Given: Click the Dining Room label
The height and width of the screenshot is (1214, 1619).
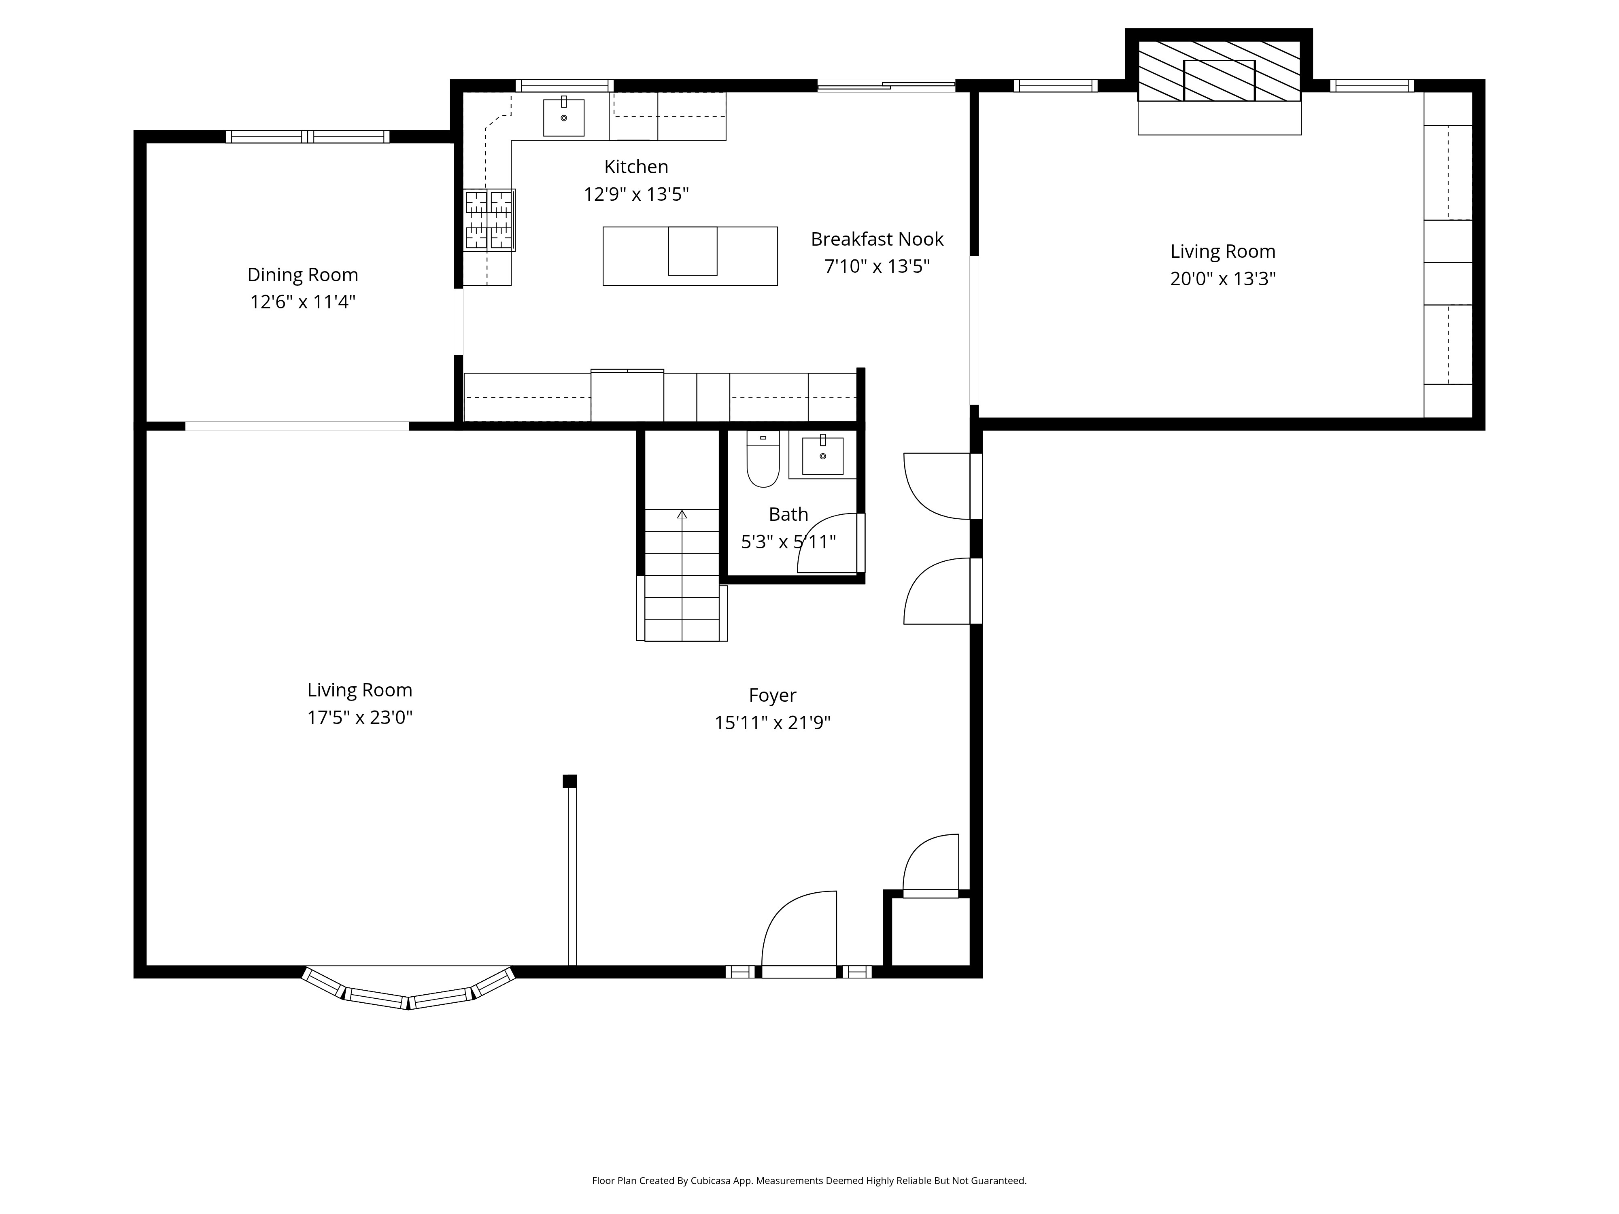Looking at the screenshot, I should click(302, 275).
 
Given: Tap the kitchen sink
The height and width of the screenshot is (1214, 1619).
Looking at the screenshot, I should click(563, 118).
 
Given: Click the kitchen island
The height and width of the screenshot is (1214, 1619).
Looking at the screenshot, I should click(689, 256).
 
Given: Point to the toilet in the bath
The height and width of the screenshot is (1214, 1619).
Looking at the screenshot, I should click(763, 461).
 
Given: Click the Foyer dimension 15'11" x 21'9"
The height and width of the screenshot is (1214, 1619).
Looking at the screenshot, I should click(772, 723).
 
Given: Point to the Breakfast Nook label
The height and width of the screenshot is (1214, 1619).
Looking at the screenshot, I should click(877, 239).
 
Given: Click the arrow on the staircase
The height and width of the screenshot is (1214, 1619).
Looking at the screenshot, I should click(682, 514).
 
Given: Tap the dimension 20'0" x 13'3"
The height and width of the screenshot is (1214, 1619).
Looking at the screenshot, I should click(1222, 279).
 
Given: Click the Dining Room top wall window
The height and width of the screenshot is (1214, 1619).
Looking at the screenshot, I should click(307, 136).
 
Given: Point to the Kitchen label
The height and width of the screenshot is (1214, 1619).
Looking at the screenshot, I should click(635, 167).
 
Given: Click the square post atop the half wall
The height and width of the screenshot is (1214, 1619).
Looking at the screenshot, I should click(569, 781).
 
